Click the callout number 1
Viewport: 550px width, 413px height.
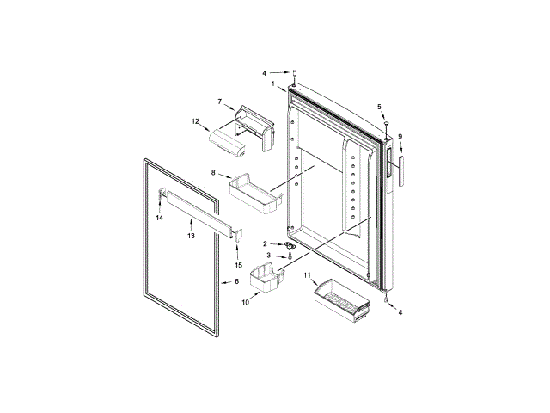272,83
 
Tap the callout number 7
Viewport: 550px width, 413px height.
220,102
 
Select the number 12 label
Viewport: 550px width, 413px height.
195,121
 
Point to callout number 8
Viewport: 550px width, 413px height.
212,173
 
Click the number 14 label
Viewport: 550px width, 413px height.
159,219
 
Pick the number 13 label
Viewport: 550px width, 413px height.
192,235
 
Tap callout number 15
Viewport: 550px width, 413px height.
238,264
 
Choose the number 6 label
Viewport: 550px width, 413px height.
237,281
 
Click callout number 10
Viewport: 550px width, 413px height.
245,302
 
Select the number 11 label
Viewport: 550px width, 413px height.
307,274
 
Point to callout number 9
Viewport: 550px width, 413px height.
400,136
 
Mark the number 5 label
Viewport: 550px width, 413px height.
378,106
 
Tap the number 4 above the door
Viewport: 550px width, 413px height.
265,72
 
